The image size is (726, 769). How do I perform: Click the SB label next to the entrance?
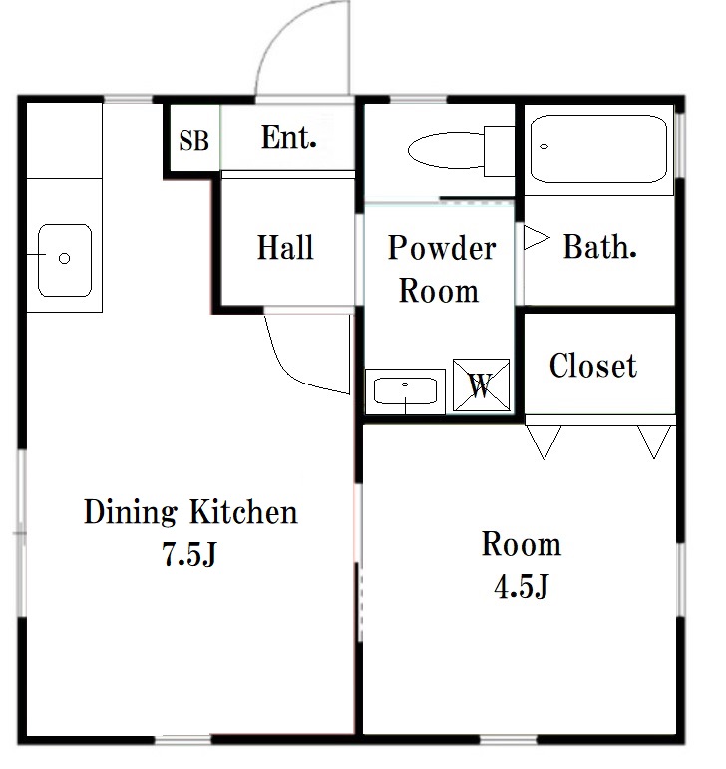[193, 141]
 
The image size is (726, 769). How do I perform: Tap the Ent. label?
[288, 137]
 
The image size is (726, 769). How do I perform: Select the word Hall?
[285, 247]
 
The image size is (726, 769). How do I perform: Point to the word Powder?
[442, 248]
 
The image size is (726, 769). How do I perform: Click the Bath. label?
[599, 247]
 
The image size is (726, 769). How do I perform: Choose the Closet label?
[593, 366]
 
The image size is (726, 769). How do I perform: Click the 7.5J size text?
[189, 555]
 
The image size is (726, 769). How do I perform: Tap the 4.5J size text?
[521, 586]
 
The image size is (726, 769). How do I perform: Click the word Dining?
[130, 513]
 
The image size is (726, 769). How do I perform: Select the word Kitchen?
[244, 512]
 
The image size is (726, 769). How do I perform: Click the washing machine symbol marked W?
[481, 384]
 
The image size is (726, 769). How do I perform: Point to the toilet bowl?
[446, 150]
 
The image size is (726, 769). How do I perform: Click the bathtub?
[599, 149]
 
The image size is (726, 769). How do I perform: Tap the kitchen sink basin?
[65, 260]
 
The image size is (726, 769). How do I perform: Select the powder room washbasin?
[405, 391]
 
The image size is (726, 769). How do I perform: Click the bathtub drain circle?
[544, 147]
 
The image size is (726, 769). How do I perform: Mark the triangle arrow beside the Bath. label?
[537, 238]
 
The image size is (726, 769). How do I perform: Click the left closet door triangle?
[544, 442]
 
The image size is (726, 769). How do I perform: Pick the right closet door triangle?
[654, 442]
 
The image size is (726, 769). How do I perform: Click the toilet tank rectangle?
[500, 151]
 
